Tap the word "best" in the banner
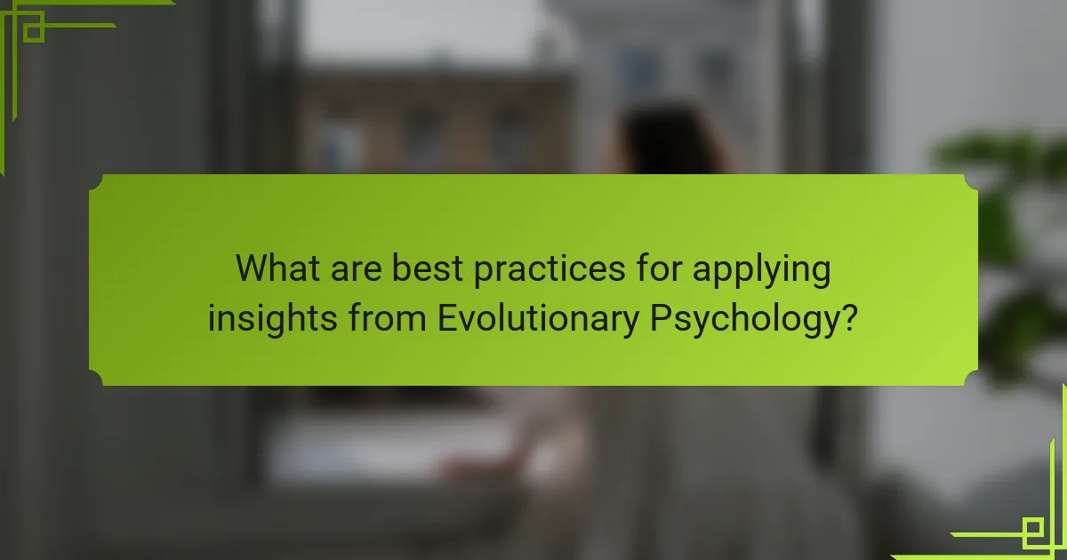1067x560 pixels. (x=427, y=268)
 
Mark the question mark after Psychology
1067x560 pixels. (x=850, y=317)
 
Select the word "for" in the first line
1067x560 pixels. (x=653, y=268)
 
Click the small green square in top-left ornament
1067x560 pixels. (x=33, y=32)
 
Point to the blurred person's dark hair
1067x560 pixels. (x=662, y=138)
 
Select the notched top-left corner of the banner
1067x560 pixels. (x=96, y=181)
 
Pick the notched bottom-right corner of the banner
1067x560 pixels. (x=970, y=378)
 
